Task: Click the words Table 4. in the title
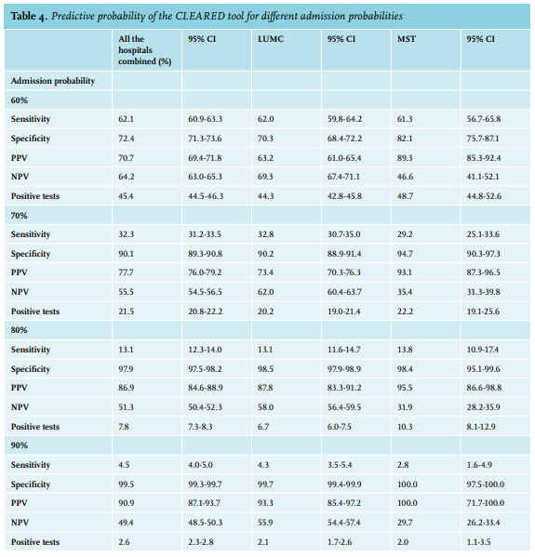tap(29, 17)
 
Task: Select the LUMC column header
tap(271, 39)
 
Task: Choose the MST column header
tap(407, 39)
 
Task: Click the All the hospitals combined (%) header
tap(144, 50)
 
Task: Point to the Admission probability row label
tap(53, 81)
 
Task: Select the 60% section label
tap(20, 100)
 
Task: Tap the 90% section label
tap(20, 445)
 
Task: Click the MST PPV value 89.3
tap(405, 158)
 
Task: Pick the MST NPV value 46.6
tap(405, 177)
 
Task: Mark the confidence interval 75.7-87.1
tap(483, 139)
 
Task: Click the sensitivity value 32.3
tap(127, 234)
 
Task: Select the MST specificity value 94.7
tap(405, 254)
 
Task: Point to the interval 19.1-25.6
tap(483, 312)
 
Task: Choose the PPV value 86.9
tap(127, 388)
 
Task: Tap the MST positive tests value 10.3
tap(405, 427)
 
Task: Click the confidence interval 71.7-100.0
tap(486, 503)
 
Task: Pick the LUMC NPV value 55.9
tap(265, 523)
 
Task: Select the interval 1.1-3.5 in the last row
tap(479, 542)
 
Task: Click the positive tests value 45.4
tap(127, 196)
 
